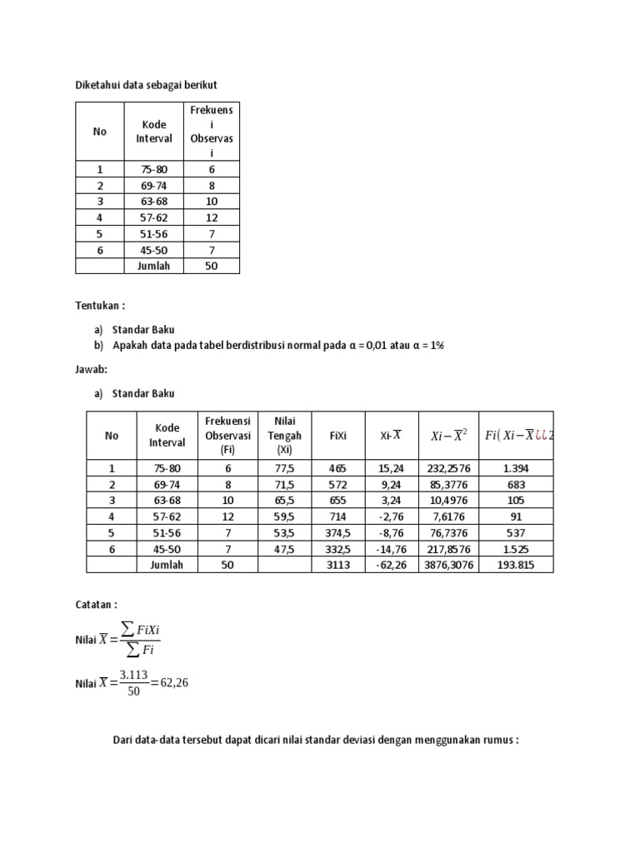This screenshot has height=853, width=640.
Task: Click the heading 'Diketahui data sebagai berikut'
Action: (x=146, y=85)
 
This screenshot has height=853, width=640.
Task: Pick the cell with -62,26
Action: (x=391, y=564)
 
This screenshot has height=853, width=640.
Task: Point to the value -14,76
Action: (x=391, y=548)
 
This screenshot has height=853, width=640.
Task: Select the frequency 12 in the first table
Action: (x=212, y=217)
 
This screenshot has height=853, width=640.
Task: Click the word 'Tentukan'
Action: (x=99, y=306)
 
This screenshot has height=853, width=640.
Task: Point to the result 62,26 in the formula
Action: (x=176, y=683)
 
